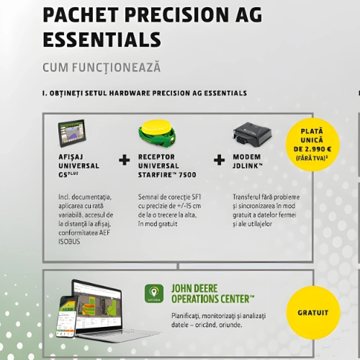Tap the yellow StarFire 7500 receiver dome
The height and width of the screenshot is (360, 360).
(x=156, y=132)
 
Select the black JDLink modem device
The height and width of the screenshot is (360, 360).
(x=251, y=134)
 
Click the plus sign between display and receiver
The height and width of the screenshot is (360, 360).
(x=124, y=160)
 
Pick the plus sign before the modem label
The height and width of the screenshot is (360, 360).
(x=220, y=160)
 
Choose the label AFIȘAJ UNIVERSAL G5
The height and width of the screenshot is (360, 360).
(x=78, y=164)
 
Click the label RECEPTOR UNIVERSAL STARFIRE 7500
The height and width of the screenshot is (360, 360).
(x=167, y=164)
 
